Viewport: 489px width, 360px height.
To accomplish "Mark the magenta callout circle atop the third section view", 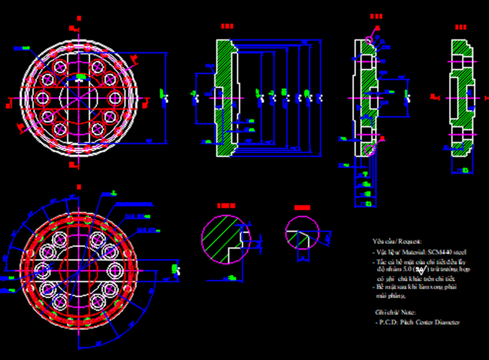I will [x=369, y=40].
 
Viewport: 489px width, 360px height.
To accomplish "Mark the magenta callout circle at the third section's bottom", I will [x=369, y=150].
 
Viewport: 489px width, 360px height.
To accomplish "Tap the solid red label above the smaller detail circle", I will [x=302, y=208].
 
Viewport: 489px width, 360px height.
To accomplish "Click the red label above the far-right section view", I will [x=460, y=27].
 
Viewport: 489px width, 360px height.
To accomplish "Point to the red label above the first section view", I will [x=227, y=26].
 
